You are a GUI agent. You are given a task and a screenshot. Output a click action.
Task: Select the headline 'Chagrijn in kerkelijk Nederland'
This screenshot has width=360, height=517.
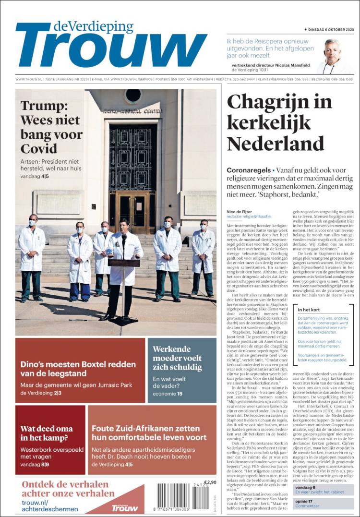(279, 122)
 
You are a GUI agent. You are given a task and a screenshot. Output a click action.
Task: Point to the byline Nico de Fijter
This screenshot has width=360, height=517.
(239, 212)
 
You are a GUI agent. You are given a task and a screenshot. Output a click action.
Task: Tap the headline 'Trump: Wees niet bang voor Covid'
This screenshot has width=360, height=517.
(51, 127)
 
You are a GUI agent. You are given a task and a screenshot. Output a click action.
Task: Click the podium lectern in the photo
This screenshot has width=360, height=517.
(123, 263)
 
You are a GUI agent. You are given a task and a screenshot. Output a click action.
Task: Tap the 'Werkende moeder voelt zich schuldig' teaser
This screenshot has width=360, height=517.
(177, 358)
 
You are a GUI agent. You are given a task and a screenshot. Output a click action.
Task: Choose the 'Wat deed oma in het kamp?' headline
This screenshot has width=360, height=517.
(47, 433)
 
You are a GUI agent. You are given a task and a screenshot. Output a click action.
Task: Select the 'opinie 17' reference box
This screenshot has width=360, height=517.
(324, 503)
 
